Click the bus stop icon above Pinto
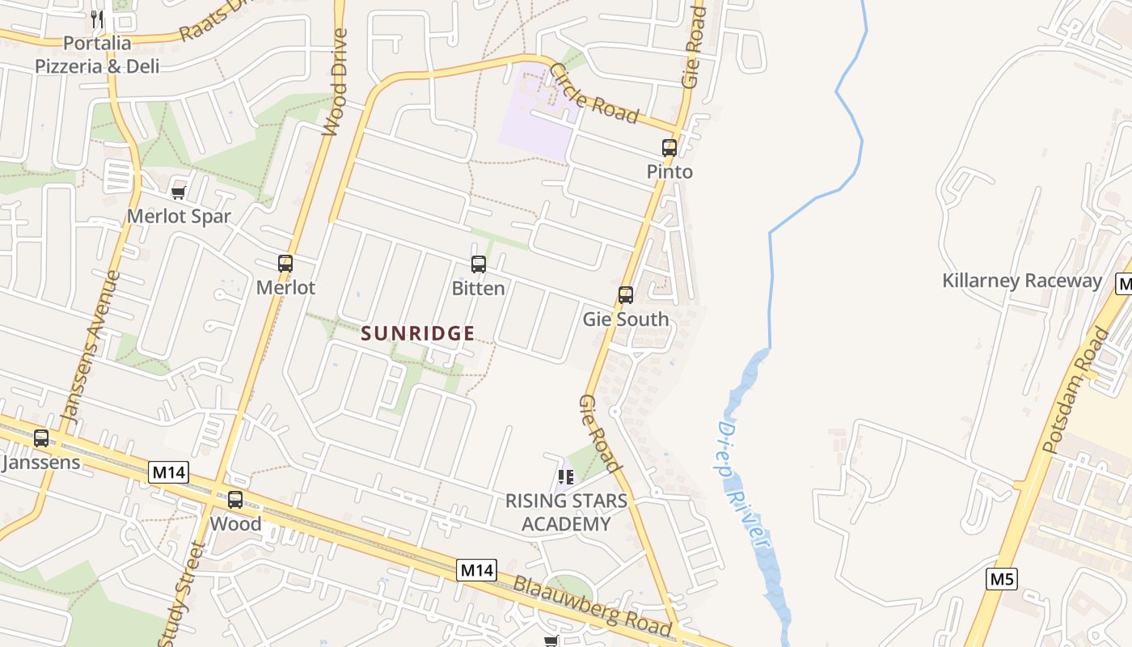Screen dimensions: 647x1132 click(669, 148)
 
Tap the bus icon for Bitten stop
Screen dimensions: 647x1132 click(479, 264)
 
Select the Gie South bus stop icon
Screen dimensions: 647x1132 click(626, 295)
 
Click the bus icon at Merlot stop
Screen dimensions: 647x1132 click(285, 264)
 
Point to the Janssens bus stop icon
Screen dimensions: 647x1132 click(41, 438)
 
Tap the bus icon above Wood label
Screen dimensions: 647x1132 click(235, 500)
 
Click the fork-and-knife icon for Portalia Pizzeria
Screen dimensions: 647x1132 click(98, 19)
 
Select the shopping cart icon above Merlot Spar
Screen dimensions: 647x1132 click(179, 192)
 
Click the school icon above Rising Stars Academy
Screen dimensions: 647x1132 click(566, 477)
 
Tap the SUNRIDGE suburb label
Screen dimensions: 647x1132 click(418, 333)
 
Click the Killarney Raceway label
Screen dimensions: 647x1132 click(1022, 281)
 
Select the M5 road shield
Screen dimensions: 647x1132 click(1002, 579)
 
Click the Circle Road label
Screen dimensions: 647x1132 click(593, 94)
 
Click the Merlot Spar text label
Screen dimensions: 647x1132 click(179, 217)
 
